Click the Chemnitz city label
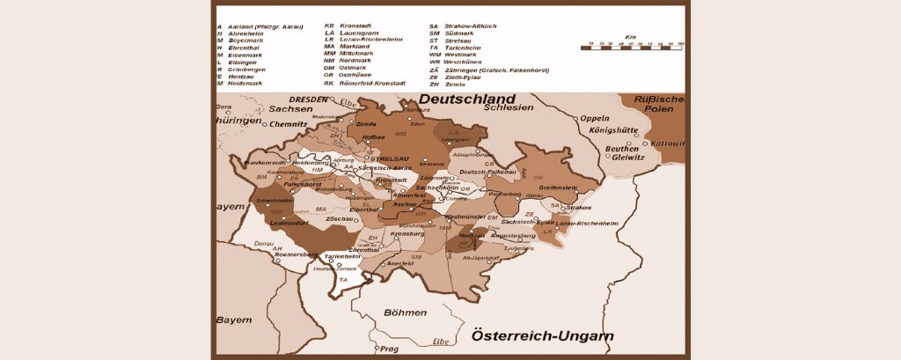tap(264, 124)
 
